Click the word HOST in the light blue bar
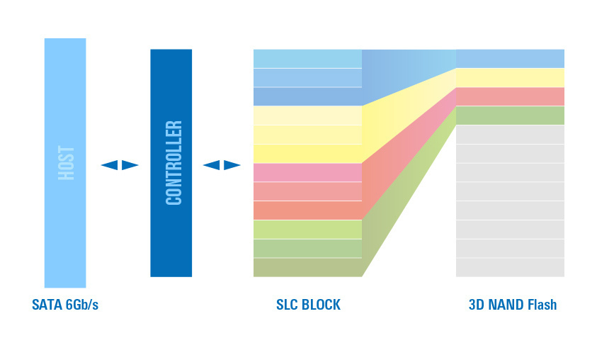pyautogui.click(x=66, y=163)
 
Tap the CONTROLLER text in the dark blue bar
pyautogui.click(x=173, y=163)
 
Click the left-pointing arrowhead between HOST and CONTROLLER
pyautogui.click(x=109, y=165)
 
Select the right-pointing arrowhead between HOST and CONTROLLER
pyautogui.click(x=130, y=165)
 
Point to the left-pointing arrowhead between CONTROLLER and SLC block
pyautogui.click(x=212, y=165)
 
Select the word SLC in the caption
pyautogui.click(x=288, y=305)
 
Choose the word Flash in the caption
pyautogui.click(x=542, y=305)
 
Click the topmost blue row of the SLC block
pyautogui.click(x=307, y=58)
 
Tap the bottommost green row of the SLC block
pyautogui.click(x=307, y=267)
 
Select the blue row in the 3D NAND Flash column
pyautogui.click(x=510, y=58)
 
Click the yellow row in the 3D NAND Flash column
pyautogui.click(x=510, y=77)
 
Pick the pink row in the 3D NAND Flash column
pyautogui.click(x=510, y=96)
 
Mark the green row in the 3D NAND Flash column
pyautogui.click(x=510, y=115)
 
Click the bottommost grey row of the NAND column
pyautogui.click(x=510, y=267)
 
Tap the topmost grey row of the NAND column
pyautogui.click(x=510, y=135)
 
